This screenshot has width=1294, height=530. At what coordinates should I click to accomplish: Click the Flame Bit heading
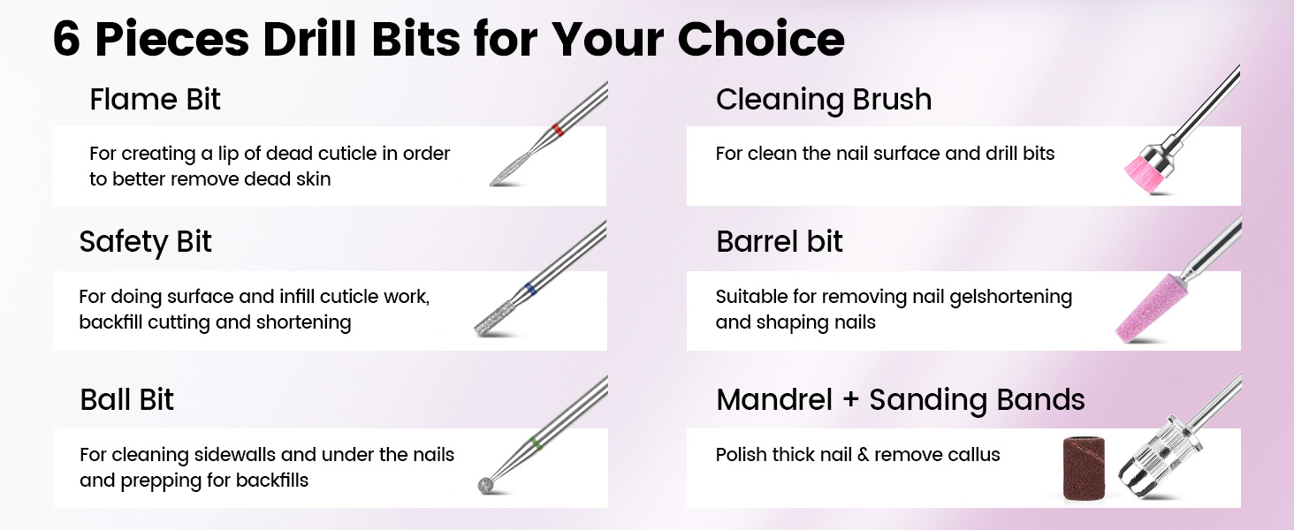(155, 100)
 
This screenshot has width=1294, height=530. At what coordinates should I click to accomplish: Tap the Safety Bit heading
(146, 242)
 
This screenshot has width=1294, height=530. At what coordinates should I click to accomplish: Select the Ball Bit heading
(127, 399)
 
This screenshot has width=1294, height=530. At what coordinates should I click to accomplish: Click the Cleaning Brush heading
(823, 100)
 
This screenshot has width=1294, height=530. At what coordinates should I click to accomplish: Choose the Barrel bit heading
(779, 242)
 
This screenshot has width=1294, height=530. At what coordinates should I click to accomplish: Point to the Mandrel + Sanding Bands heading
(900, 399)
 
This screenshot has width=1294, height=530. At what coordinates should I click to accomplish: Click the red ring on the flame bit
(557, 130)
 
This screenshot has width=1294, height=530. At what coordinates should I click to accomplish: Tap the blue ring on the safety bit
(529, 288)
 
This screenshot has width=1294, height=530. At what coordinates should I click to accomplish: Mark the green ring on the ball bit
(532, 442)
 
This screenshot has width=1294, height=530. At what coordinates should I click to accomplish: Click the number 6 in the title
(67, 39)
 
